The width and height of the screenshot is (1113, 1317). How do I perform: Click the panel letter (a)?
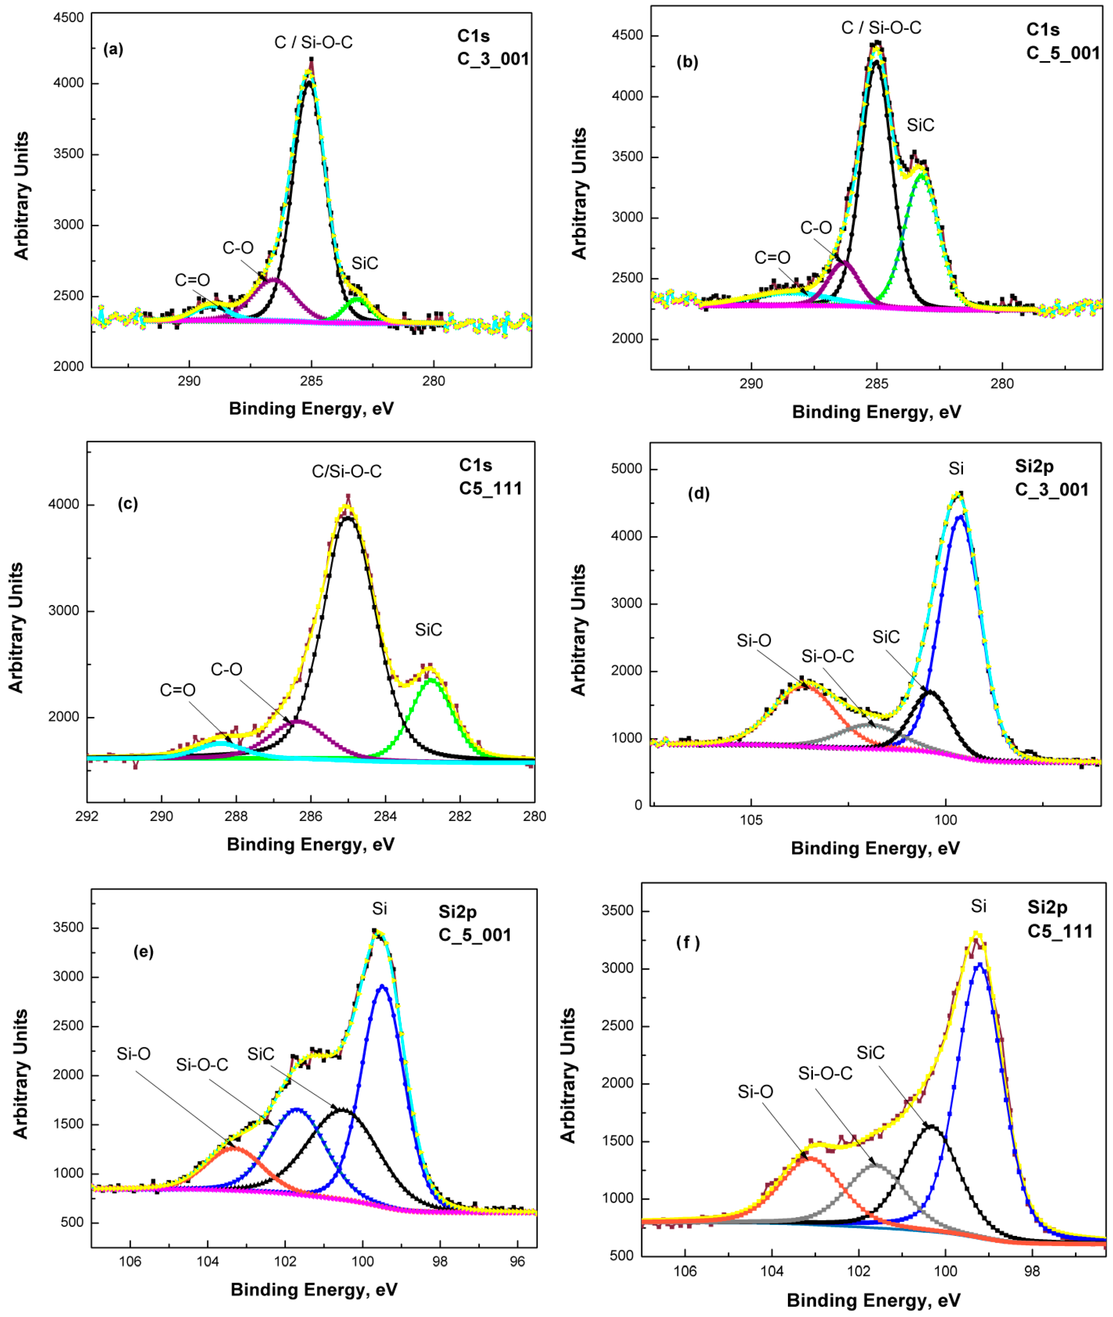pyautogui.click(x=114, y=49)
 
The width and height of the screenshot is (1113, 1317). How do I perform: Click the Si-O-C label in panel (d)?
pyautogui.click(x=827, y=657)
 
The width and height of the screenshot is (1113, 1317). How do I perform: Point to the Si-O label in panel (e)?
pyautogui.click(x=133, y=1054)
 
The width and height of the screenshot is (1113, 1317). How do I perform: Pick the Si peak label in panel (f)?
pyautogui.click(x=978, y=906)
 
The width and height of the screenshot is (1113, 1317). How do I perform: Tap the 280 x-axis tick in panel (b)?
pyautogui.click(x=1002, y=384)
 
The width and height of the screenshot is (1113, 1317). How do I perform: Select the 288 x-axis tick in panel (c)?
pyautogui.click(x=236, y=816)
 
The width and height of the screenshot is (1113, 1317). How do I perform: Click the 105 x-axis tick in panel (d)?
pyautogui.click(x=751, y=820)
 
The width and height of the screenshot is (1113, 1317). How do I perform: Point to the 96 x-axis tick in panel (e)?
pyautogui.click(x=517, y=1262)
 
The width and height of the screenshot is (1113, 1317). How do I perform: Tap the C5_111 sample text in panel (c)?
pyautogui.click(x=490, y=489)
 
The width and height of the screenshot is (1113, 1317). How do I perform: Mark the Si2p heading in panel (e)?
pyautogui.click(x=457, y=912)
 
